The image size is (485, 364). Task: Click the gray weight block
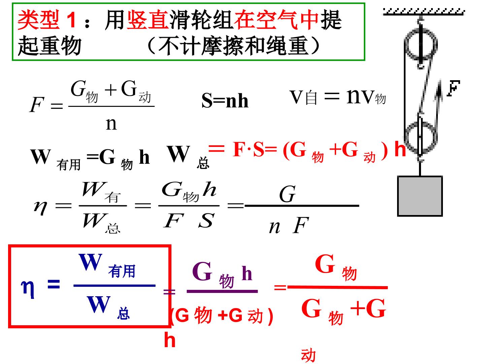point(420,196)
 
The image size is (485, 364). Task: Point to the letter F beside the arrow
point(453,88)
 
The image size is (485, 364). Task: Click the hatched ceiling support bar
point(424,12)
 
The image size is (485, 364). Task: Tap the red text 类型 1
point(47,20)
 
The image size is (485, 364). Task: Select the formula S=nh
point(225,100)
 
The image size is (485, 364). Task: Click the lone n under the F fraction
point(111,124)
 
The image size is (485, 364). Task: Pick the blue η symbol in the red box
point(28,289)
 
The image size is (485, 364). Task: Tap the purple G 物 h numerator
point(222,275)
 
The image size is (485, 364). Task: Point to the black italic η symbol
point(40,208)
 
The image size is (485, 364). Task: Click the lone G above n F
point(287,194)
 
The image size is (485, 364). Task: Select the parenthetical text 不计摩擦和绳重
point(233,46)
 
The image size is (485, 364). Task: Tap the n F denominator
point(289,226)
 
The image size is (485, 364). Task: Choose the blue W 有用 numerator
point(107,265)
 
